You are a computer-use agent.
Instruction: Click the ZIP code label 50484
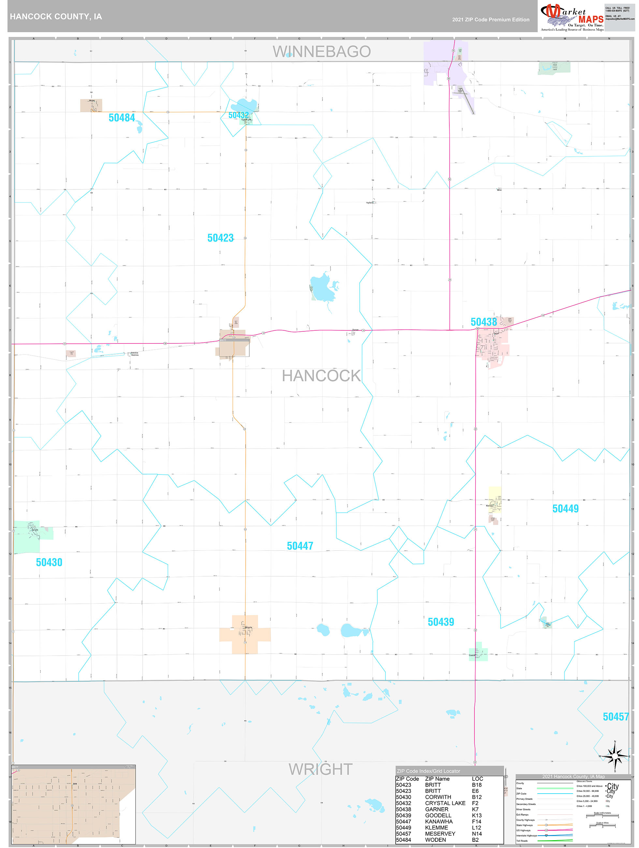pyautogui.click(x=122, y=118)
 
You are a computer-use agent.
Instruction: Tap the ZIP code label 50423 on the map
pyautogui.click(x=220, y=238)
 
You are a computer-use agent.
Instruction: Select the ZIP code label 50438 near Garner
pyautogui.click(x=484, y=322)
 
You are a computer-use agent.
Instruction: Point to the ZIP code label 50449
pyautogui.click(x=565, y=509)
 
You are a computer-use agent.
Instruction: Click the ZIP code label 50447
pyautogui.click(x=300, y=546)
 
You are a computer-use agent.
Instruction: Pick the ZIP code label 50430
pyautogui.click(x=49, y=562)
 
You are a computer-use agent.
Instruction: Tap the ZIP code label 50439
pyautogui.click(x=441, y=622)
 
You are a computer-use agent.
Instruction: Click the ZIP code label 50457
pyautogui.click(x=616, y=717)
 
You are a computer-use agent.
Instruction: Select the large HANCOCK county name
pyautogui.click(x=321, y=376)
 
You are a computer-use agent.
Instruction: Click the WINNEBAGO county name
pyautogui.click(x=321, y=52)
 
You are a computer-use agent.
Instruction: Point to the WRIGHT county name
pyautogui.click(x=320, y=769)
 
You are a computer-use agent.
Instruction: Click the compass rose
pyautogui.click(x=615, y=756)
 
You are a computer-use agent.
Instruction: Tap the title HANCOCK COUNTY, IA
pyautogui.click(x=56, y=17)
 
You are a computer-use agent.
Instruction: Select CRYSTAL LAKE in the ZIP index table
pyautogui.click(x=445, y=803)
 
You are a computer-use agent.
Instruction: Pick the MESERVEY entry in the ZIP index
pyautogui.click(x=440, y=834)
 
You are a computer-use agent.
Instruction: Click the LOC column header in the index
pyautogui.click(x=477, y=779)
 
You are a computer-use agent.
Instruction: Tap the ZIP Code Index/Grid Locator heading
pyautogui.click(x=428, y=771)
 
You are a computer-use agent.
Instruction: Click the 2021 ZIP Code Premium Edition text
pyautogui.click(x=490, y=20)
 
